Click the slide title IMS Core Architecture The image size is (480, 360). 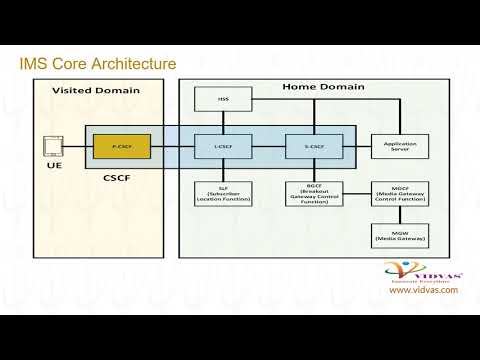tap(98, 65)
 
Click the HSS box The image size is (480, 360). tap(222, 100)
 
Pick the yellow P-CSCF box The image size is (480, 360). tap(121, 147)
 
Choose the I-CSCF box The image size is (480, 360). tap(222, 147)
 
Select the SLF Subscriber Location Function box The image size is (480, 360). tap(222, 194)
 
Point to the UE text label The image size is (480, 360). tap(54, 166)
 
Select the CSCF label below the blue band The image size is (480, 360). tap(118, 176)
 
